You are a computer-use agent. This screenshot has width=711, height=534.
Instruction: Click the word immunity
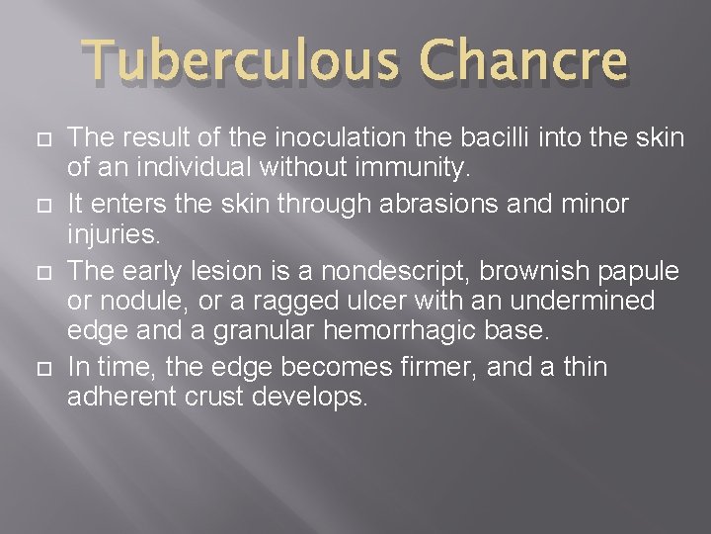(415, 170)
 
